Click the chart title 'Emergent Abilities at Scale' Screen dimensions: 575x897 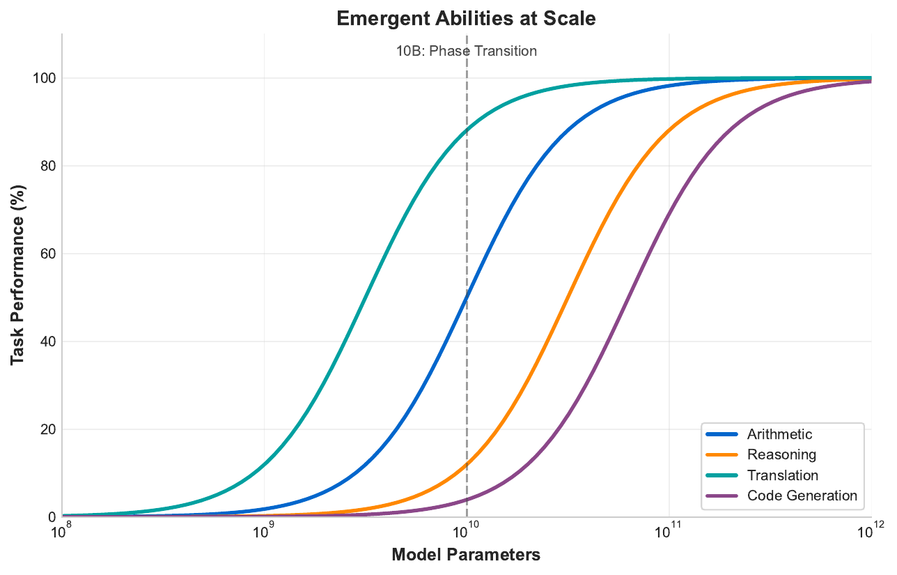pyautogui.click(x=466, y=19)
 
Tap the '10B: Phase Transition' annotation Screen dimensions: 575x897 pyautogui.click(x=466, y=51)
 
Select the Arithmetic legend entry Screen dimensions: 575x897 pyautogui.click(x=779, y=435)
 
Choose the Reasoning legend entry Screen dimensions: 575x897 pyautogui.click(x=781, y=455)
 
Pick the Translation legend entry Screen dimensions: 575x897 pyautogui.click(x=782, y=475)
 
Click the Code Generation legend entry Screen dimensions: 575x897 pyautogui.click(x=802, y=496)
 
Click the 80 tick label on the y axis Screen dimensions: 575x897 pyautogui.click(x=47, y=166)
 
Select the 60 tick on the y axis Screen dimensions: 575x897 pyautogui.click(x=47, y=254)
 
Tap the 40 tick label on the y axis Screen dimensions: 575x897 pyautogui.click(x=47, y=342)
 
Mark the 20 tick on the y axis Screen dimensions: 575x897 pyautogui.click(x=47, y=429)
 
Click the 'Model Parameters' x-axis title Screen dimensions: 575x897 pyautogui.click(x=466, y=555)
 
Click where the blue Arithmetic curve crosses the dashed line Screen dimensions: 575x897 pyautogui.click(x=466, y=298)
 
